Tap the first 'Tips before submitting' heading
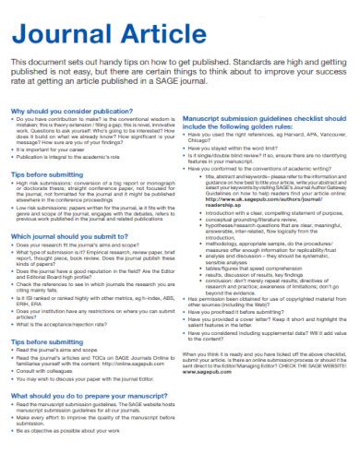pos(47,174)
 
